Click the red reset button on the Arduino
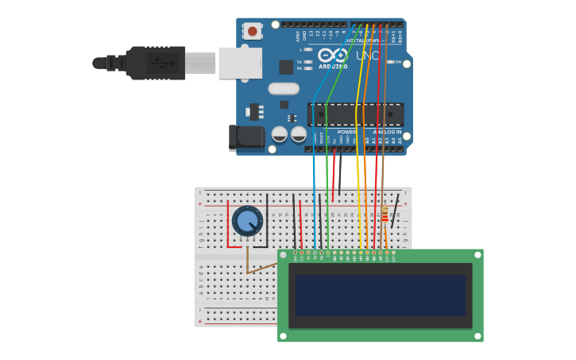click(x=253, y=31)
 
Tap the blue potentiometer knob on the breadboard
click(x=248, y=221)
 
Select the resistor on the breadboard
click(x=385, y=215)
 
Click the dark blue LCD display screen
click(x=380, y=295)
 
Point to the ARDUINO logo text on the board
click(x=333, y=66)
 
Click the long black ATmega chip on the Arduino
click(x=355, y=114)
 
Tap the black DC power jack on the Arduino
click(x=246, y=137)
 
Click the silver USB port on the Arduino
click(x=240, y=63)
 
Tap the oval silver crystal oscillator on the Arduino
click(x=284, y=89)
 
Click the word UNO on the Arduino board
click(x=367, y=56)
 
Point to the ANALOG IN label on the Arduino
click(x=387, y=132)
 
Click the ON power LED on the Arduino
click(x=389, y=62)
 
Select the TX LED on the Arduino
click(x=307, y=62)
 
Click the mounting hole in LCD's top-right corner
click(x=477, y=255)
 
